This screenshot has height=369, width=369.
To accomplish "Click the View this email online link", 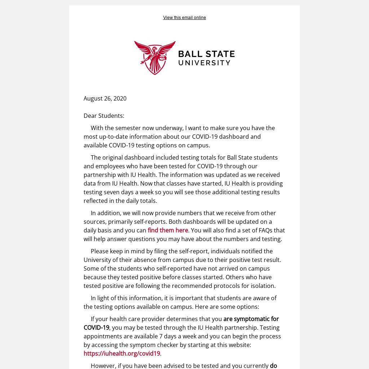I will pos(184,18).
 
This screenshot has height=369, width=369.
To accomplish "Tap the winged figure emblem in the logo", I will pos(155,58).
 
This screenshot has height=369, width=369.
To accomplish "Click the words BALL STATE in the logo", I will pos(206,54).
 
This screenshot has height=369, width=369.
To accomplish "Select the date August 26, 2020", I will pos(105,98).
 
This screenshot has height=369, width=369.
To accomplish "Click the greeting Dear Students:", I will pos(104,116).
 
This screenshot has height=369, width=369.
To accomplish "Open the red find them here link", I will pos(168,230).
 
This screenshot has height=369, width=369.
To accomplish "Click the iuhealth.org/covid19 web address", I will pos(122,354).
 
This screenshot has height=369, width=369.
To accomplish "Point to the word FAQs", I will pos(266,230).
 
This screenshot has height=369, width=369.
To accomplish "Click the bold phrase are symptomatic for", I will pos(251,319).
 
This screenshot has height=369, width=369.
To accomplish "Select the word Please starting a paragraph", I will pos(100,251).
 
